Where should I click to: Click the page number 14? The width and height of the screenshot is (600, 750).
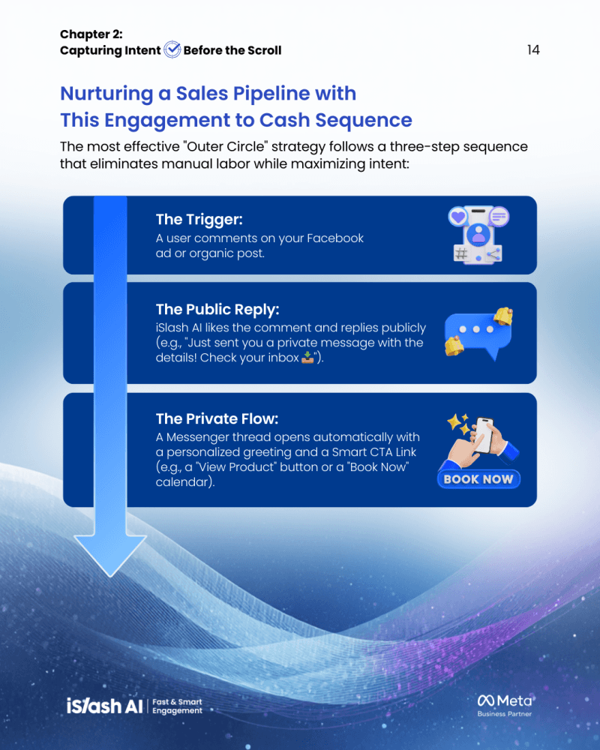[x=533, y=50]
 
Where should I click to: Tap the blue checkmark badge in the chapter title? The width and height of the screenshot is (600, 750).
[x=172, y=50]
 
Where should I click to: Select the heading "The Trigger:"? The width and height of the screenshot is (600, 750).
[x=199, y=220]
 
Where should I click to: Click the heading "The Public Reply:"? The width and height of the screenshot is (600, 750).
[x=217, y=310]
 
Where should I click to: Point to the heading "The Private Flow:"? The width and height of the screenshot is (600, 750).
[x=217, y=418]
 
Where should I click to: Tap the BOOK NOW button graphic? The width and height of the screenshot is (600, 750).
[x=478, y=479]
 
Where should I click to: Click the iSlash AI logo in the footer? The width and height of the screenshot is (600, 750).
[x=105, y=705]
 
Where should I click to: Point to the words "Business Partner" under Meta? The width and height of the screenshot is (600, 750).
[x=505, y=714]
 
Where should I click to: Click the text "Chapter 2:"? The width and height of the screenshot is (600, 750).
[x=90, y=34]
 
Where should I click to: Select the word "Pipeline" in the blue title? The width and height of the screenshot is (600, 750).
[x=273, y=94]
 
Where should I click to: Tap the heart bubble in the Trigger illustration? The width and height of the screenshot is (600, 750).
[x=456, y=217]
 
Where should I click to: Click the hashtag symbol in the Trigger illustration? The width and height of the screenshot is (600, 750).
[x=461, y=254]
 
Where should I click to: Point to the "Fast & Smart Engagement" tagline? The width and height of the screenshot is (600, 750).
[x=177, y=706]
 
